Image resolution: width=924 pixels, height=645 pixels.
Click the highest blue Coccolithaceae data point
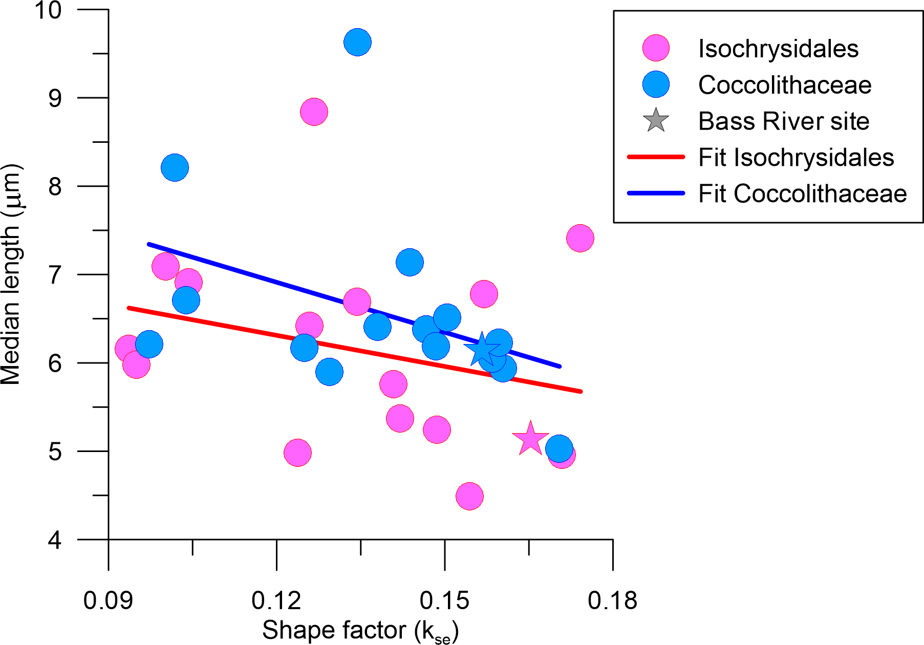(x=357, y=42)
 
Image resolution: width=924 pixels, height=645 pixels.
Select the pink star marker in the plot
(x=530, y=439)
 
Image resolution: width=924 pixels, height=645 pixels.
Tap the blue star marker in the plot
(x=481, y=350)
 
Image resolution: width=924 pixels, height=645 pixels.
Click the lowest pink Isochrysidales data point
(x=469, y=496)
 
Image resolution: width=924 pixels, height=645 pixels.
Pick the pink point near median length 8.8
(x=314, y=112)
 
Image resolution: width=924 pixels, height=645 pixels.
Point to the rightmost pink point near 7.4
(x=580, y=238)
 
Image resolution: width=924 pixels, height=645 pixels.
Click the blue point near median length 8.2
(x=175, y=167)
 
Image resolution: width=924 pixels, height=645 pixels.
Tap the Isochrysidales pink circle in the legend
(x=656, y=49)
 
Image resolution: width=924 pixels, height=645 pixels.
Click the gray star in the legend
(x=656, y=121)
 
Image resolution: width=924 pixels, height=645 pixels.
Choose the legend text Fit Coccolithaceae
(x=802, y=194)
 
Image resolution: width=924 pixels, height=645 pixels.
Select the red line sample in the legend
(x=656, y=157)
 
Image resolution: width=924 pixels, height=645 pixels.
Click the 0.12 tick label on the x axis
(x=276, y=600)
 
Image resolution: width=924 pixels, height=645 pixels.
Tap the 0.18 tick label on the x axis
(x=612, y=600)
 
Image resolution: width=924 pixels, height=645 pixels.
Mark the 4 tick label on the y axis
(x=55, y=540)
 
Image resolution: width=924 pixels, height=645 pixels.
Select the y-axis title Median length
(x=11, y=274)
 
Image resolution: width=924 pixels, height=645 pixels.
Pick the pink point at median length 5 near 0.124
(x=297, y=453)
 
